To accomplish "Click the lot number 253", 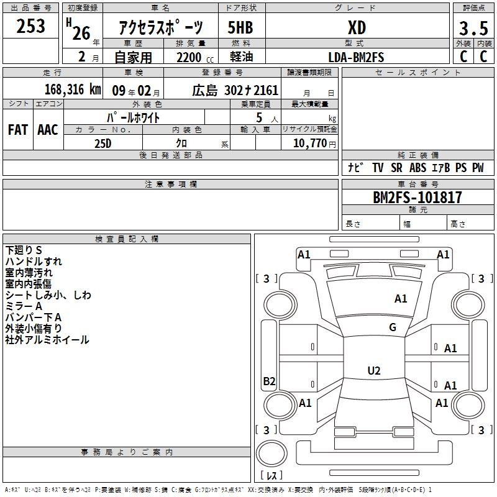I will pos(31,26).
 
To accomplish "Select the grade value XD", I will pos(357,27).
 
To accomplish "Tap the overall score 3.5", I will pos(473,29).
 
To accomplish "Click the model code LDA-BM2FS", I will pos(357,57).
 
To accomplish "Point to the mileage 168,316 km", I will pos(73,89).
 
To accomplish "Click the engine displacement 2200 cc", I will pos(193,57).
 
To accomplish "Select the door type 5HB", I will pos(241,27).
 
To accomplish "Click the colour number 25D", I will pos(103,143).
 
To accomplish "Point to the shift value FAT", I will pos(17,130).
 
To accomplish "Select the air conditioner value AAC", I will pos(47,130).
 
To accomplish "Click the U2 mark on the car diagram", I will pos(373,371).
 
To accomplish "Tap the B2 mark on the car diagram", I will pos(269,381).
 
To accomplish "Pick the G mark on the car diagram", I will pos(393,327).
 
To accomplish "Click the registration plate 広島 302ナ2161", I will pos(235,91).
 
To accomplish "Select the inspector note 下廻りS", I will pos(24,250).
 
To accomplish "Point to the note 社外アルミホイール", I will pos(47,340).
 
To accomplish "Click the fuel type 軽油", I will pos(241,57).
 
